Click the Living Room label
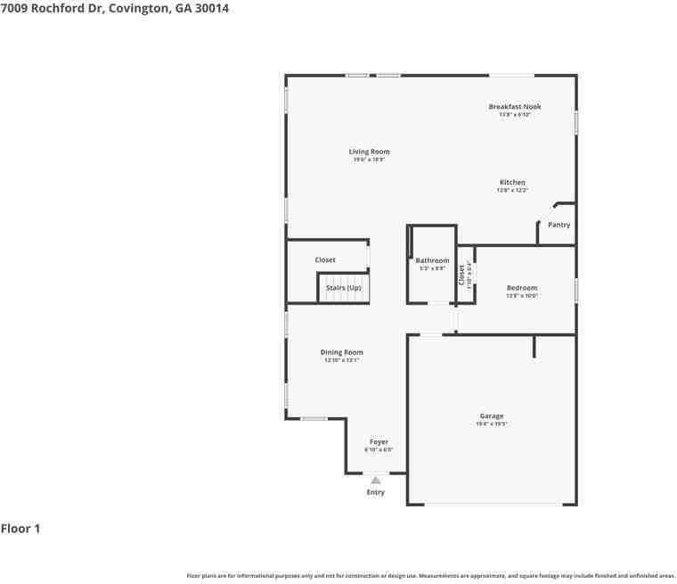[369, 152]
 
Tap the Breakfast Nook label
[514, 107]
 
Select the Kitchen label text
[512, 182]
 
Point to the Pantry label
[559, 225]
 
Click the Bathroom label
[432, 260]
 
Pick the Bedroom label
[521, 288]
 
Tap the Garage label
[492, 415]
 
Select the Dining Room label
[341, 352]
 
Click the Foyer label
[379, 441]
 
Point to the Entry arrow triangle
[376, 481]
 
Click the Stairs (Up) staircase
[343, 289]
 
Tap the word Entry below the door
[376, 492]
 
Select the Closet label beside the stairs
[325, 260]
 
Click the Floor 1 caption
[20, 529]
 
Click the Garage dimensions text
[492, 424]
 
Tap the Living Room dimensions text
[369, 160]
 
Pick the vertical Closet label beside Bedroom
[461, 275]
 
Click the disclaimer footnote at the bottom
[430, 576]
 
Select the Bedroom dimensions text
[521, 296]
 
